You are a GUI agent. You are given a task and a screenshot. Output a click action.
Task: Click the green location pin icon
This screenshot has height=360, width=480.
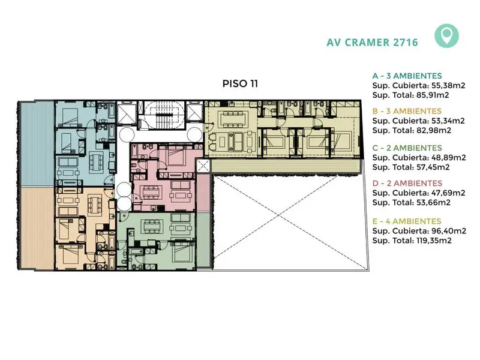tap(446, 36)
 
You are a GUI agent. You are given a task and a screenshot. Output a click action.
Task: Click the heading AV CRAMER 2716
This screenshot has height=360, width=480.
tap(372, 42)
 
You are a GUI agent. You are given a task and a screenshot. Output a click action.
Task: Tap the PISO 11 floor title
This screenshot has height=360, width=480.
tap(240, 83)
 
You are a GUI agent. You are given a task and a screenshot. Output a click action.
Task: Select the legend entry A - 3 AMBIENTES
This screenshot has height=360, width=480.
tap(407, 76)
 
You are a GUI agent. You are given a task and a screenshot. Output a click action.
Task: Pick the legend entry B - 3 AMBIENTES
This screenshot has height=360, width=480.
tap(407, 111)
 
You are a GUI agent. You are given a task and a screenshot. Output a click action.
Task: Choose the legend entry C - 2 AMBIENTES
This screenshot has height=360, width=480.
tap(407, 148)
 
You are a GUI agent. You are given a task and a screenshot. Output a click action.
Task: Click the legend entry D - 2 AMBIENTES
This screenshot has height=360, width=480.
tap(407, 184)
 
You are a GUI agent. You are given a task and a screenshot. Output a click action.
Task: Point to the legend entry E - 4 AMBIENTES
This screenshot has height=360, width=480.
tap(407, 221)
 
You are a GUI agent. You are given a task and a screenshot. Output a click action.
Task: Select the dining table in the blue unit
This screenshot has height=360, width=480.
tap(96, 161)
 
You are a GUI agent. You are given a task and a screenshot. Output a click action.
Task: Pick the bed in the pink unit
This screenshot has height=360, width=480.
tap(175, 155)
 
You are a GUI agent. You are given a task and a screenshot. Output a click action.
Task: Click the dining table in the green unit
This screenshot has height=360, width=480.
tap(151, 226)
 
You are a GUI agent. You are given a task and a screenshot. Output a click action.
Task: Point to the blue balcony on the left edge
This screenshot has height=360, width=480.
tap(37, 143)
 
